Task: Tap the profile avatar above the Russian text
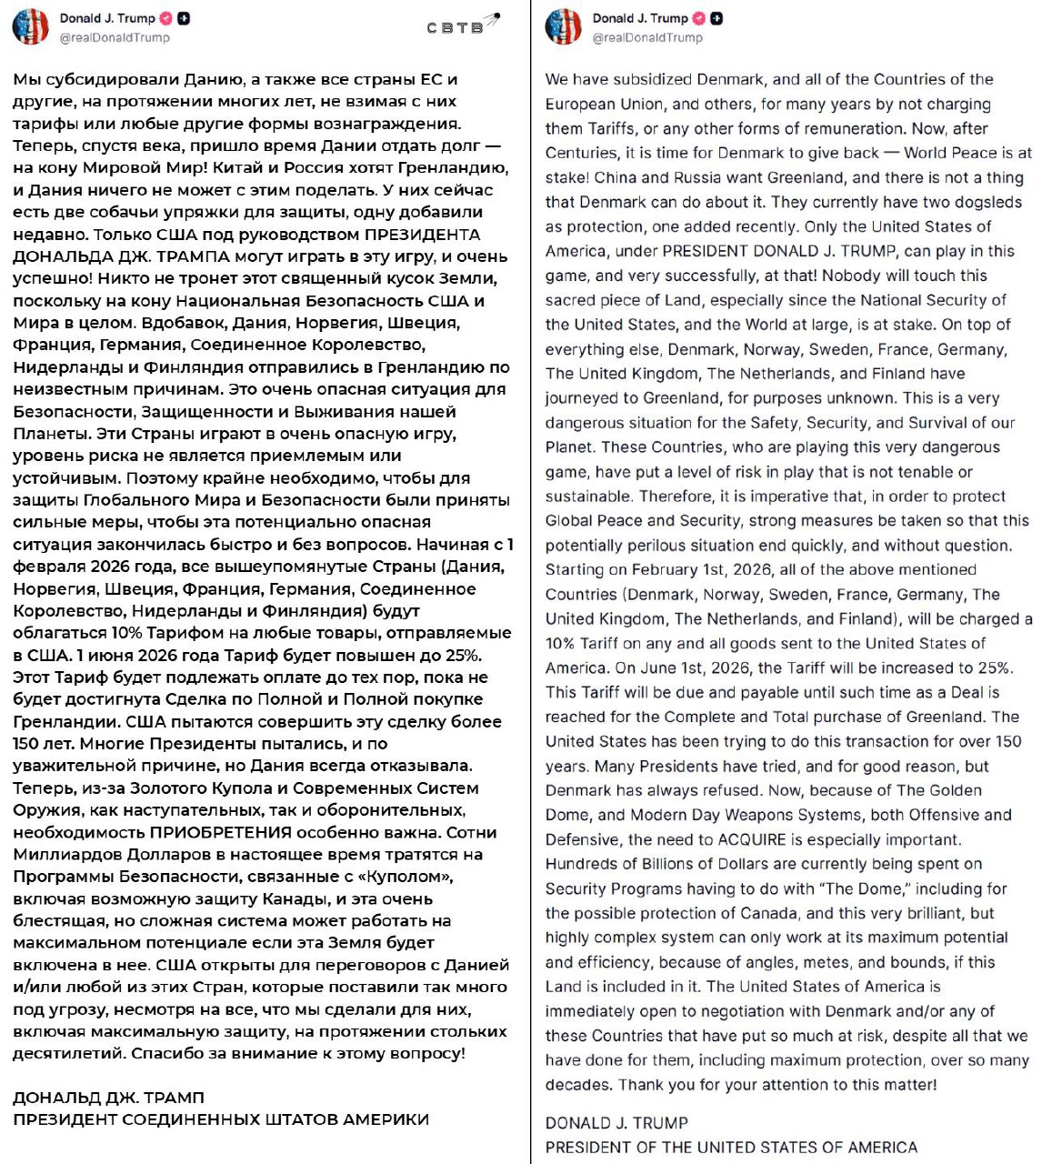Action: pyautogui.click(x=30, y=27)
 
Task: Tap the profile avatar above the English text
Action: pyautogui.click(x=563, y=27)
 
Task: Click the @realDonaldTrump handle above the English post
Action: pyautogui.click(x=647, y=38)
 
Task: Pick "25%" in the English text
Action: pyautogui.click(x=993, y=667)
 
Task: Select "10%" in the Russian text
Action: pyautogui.click(x=127, y=633)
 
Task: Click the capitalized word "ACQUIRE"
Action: pyautogui.click(x=754, y=839)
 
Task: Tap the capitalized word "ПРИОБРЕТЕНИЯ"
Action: pyautogui.click(x=221, y=832)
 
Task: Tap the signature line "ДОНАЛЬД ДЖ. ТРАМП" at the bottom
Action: pyautogui.click(x=108, y=1098)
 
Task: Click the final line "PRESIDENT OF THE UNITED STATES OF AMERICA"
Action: pyautogui.click(x=731, y=1148)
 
